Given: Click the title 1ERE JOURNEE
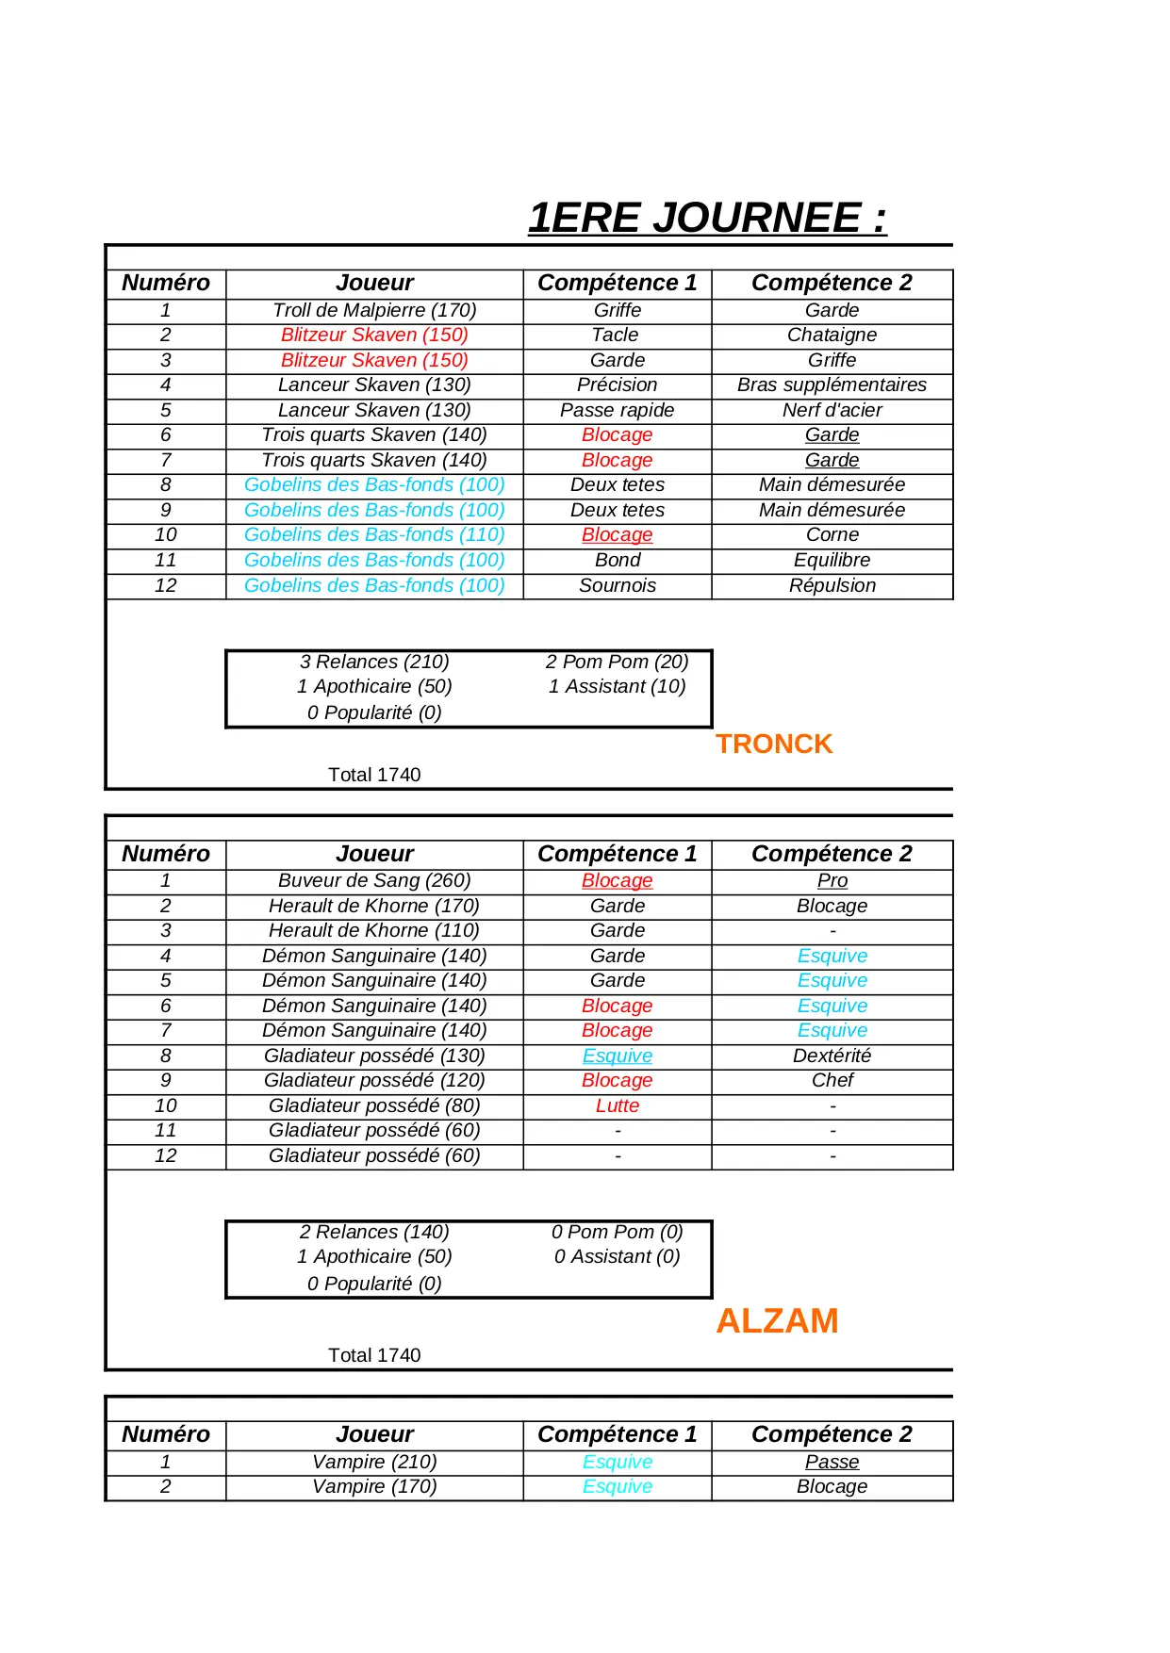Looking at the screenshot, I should pos(707,218).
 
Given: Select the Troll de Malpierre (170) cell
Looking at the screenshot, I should pos(374,310).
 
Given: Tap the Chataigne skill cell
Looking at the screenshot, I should pos(832,335).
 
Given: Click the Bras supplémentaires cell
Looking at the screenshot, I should pos(832,385).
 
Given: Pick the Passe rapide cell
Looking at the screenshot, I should pos(617,410).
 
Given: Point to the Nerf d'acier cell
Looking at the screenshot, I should pos(832,410).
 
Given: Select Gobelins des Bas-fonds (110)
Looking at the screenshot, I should pos(374,534).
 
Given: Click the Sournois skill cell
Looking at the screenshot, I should pos(617,585).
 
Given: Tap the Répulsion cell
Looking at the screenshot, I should pos(832,585).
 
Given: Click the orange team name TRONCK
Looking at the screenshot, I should pos(774,744).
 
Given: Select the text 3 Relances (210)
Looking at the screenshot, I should pos(374,662).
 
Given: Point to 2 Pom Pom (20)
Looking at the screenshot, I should pos(617,662).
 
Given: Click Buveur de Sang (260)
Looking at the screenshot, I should pos(374,880).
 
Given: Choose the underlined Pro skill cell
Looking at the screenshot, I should pos(832,880).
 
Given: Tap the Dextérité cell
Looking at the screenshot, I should pos(832,1056).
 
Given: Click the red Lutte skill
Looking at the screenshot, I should pos(617,1105).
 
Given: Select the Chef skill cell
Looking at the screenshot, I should pos(832,1080).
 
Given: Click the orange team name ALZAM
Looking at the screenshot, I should pos(777,1320).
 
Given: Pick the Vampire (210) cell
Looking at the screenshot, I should pos(374,1462).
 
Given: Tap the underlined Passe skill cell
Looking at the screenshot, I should pos(832,1462).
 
